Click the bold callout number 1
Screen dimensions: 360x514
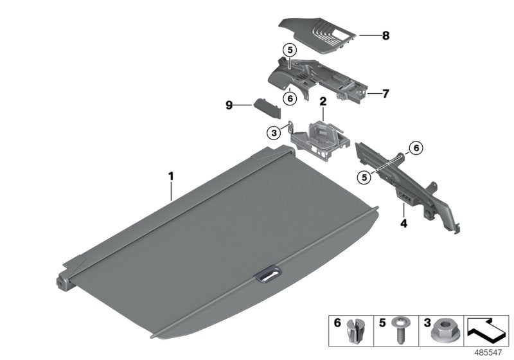pos(171,175)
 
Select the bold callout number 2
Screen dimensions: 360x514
pos(323,101)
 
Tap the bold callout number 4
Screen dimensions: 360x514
pos(403,224)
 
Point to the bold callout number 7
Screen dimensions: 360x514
pos(385,94)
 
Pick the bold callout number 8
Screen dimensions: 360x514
pos(385,36)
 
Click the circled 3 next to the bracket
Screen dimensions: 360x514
pos(274,132)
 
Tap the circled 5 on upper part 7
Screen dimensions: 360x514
pos(289,49)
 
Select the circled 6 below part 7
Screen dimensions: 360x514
pos(290,98)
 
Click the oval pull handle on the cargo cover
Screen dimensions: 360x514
pos(267,275)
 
